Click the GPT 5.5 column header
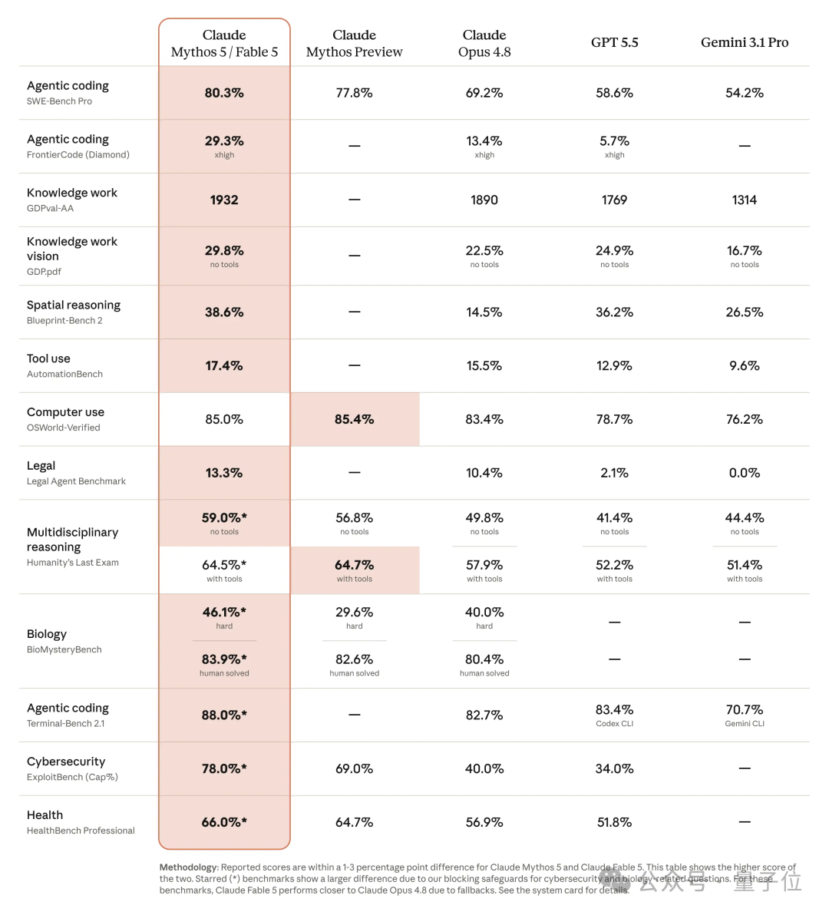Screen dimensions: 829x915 pyautogui.click(x=614, y=42)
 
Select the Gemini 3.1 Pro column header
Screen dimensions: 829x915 pyautogui.click(x=745, y=42)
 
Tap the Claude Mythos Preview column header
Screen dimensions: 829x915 pyautogui.click(x=354, y=43)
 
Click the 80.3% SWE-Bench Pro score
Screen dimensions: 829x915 pyautogui.click(x=224, y=93)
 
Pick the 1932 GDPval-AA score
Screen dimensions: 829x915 pyautogui.click(x=224, y=200)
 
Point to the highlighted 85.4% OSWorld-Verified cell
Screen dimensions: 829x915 pyautogui.click(x=354, y=420)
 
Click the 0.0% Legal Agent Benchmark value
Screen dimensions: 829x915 pyautogui.click(x=745, y=474)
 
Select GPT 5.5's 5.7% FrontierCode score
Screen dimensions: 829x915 pyautogui.click(x=614, y=141)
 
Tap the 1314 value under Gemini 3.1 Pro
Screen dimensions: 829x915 pyautogui.click(x=745, y=200)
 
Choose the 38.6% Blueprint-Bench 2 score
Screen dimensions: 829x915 pyautogui.click(x=224, y=312)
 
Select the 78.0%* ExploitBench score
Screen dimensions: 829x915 pyautogui.click(x=224, y=768)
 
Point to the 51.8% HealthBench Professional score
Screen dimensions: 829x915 pyautogui.click(x=614, y=822)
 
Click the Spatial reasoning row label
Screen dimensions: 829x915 pyautogui.click(x=74, y=306)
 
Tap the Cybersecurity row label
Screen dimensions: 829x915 pyautogui.click(x=66, y=761)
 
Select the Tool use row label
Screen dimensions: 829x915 pyautogui.click(x=48, y=358)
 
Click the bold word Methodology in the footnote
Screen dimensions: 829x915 pyautogui.click(x=188, y=867)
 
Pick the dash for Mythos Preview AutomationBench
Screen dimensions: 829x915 pyautogui.click(x=354, y=366)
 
